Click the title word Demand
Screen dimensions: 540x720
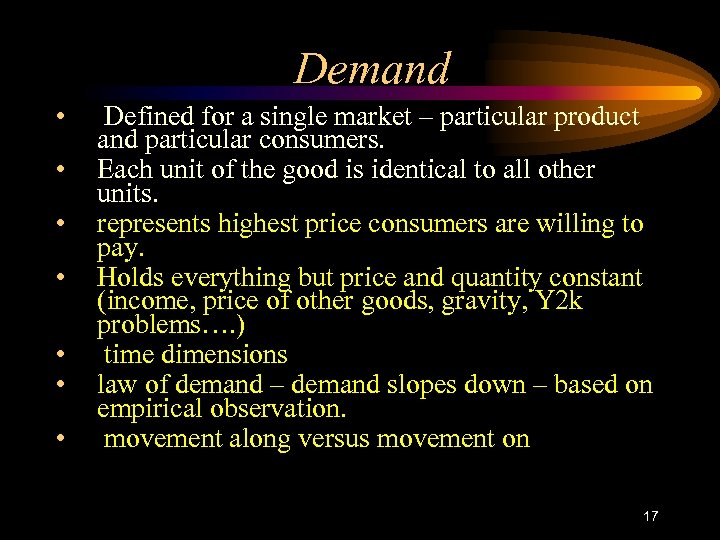[x=372, y=69]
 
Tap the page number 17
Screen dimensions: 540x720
[x=651, y=516]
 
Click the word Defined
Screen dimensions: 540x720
[x=153, y=117]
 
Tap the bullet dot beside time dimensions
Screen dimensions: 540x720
[x=62, y=355]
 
